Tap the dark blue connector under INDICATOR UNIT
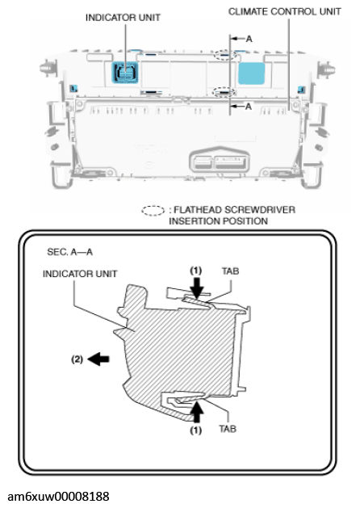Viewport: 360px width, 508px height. click(125, 73)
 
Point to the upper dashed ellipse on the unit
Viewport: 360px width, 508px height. click(227, 57)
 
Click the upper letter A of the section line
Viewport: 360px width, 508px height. click(248, 38)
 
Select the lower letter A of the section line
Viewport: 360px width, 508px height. click(248, 106)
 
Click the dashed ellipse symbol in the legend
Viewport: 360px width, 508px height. click(153, 210)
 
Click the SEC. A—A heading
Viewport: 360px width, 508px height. click(70, 252)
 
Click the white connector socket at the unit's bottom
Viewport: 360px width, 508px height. click(212, 160)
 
